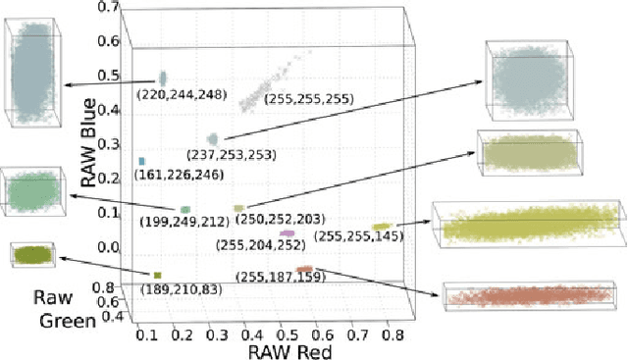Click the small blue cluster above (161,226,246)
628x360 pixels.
pos(142,161)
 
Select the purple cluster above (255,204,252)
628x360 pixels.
pos(287,233)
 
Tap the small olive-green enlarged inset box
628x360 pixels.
pos(30,254)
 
